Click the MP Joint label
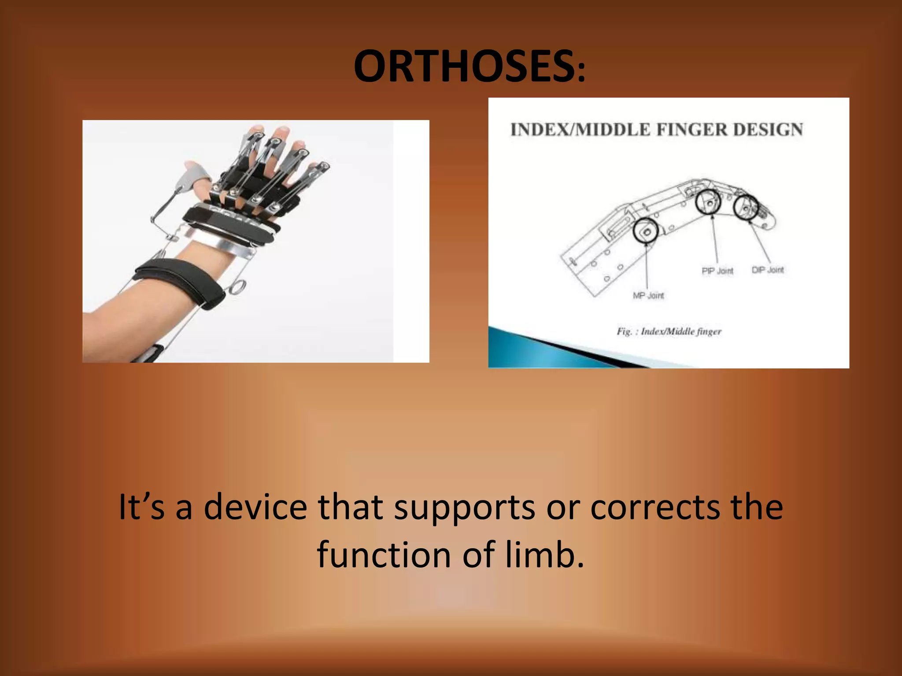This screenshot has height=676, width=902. (x=648, y=296)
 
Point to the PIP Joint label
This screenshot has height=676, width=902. (x=717, y=271)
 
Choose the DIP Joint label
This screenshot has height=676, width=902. (x=768, y=270)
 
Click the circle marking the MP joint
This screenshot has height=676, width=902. (x=646, y=231)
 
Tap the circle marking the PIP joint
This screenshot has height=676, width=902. (x=708, y=202)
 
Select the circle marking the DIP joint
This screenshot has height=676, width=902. (x=746, y=207)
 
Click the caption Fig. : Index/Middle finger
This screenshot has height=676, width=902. (x=669, y=331)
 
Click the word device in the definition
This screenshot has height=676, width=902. (x=255, y=507)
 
